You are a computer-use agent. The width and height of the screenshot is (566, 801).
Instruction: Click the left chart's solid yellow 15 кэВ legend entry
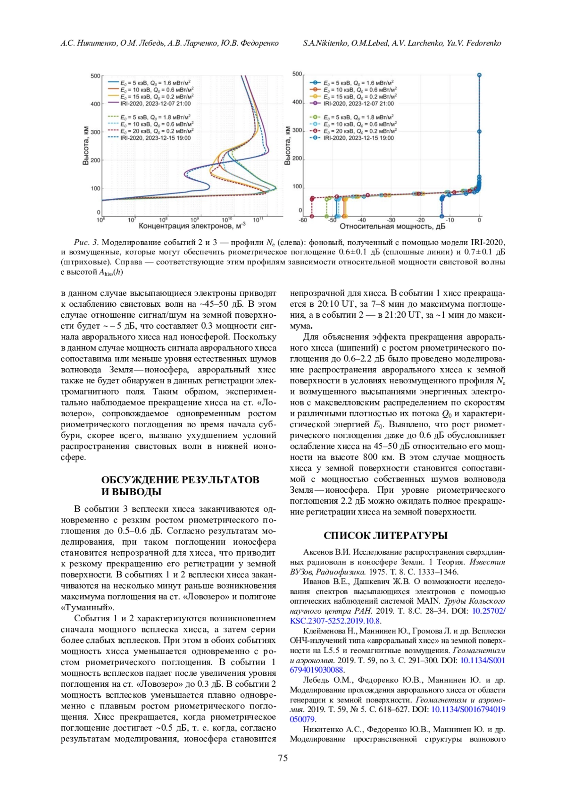coord(156,96)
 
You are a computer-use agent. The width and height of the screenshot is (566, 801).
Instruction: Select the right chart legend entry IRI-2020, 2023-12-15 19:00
coord(358,138)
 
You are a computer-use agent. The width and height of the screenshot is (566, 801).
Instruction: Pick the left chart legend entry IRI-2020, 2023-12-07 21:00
coord(156,103)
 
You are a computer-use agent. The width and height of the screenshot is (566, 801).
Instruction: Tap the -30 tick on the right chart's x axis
coord(391,220)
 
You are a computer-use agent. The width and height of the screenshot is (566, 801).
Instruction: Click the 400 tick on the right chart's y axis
coord(297,102)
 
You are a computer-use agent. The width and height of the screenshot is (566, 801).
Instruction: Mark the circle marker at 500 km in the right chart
coord(479,75)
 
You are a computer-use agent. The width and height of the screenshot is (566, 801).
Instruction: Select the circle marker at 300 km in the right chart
coord(479,132)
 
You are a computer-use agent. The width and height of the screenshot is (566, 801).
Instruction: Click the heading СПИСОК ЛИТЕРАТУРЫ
coord(385,536)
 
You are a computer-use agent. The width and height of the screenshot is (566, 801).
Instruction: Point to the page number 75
coord(283,758)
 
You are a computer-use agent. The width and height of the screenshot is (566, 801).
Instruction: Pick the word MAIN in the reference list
coord(429,601)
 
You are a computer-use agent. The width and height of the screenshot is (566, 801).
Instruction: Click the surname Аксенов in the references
coord(318,552)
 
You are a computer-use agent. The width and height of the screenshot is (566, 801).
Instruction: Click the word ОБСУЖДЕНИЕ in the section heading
coord(140,480)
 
